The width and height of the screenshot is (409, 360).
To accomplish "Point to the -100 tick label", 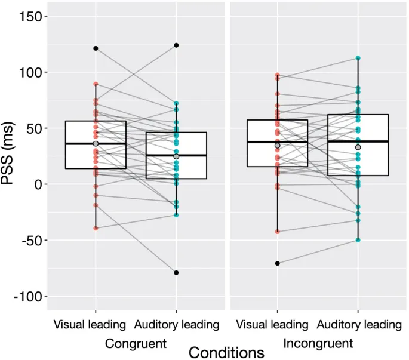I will (27, 297).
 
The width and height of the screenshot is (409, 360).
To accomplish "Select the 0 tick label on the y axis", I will (38, 184).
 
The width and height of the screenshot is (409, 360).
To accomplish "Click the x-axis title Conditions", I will (226, 352).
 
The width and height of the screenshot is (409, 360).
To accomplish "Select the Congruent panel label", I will (135, 343).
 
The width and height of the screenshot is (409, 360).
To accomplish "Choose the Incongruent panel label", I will (318, 343).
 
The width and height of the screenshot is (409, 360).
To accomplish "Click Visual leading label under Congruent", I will (90, 325).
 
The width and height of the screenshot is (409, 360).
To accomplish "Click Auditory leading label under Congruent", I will (177, 325).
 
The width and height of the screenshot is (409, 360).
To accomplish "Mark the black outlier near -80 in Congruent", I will (176, 273).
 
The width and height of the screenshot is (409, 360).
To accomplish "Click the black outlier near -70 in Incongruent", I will (278, 263).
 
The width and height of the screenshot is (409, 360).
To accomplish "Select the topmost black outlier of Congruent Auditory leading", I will (176, 45).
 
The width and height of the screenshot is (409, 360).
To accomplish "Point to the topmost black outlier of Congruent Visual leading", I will (96, 48).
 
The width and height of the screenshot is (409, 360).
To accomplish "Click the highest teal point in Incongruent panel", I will (358, 59).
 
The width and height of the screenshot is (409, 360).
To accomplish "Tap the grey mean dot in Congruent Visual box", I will (96, 144).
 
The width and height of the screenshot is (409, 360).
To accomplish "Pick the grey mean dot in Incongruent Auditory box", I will (358, 147).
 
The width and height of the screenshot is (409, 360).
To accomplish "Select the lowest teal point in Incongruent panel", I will (358, 240).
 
